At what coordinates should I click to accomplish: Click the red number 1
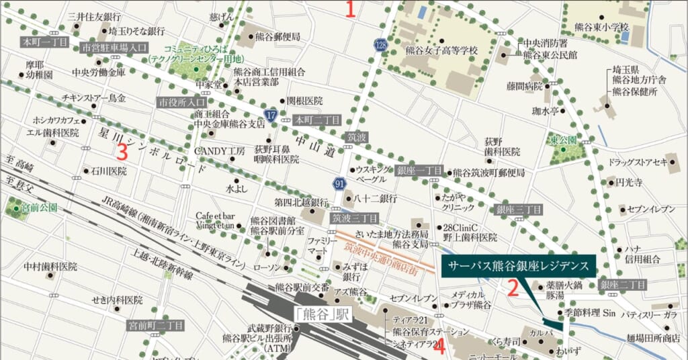(x=349, y=9)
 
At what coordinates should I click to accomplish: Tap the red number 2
(x=512, y=289)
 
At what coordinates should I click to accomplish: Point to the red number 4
(x=440, y=348)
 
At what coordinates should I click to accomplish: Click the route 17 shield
(x=271, y=116)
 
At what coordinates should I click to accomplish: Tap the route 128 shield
(x=380, y=44)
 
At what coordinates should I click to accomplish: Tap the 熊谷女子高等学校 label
(x=441, y=50)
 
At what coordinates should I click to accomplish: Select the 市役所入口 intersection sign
(x=181, y=103)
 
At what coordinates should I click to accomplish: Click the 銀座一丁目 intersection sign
(x=419, y=171)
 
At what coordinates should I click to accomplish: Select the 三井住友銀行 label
(x=94, y=16)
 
